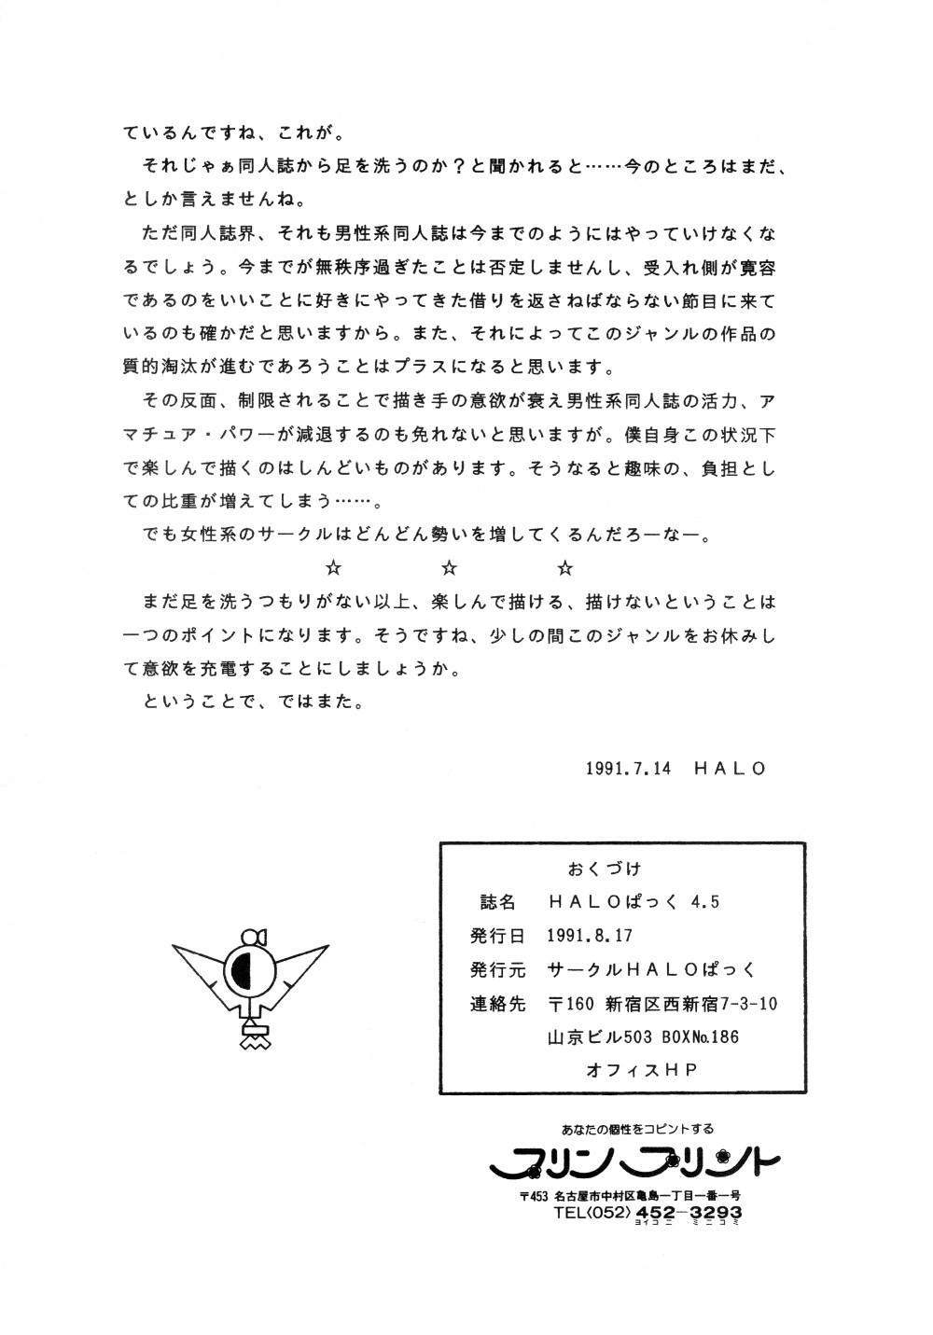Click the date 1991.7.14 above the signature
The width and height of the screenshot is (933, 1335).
pos(628,769)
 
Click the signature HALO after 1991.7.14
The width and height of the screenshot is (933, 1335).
pos(730,769)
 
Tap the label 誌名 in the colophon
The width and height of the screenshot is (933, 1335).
pos(498,902)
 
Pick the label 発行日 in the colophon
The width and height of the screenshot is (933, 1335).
pos(498,936)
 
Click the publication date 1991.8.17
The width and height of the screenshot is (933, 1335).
pos(591,936)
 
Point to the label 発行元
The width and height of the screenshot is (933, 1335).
pos(498,970)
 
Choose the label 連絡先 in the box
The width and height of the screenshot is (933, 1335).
pos(498,1004)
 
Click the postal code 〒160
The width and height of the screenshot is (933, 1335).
pos(571,1004)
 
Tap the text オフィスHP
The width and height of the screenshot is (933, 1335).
pos(642,1071)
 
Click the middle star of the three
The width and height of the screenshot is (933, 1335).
pos(449,567)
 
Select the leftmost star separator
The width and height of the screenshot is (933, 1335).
pos(333,567)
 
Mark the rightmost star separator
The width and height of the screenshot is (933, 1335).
pos(564,567)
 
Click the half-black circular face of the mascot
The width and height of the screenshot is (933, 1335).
pos(248,973)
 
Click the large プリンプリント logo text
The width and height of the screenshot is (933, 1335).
pos(634,1164)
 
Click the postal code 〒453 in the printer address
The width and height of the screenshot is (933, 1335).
pos(536,1195)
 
